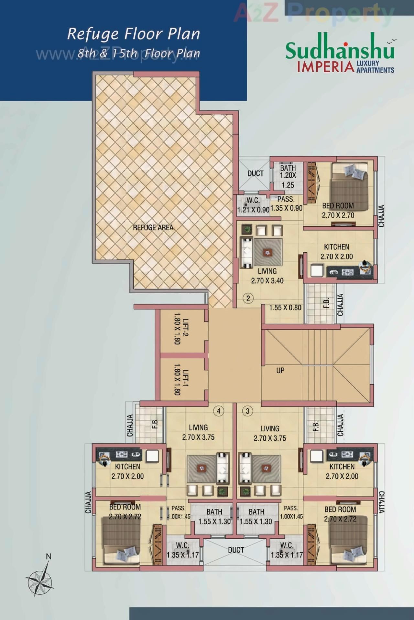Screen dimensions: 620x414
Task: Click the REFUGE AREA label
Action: [x=153, y=227]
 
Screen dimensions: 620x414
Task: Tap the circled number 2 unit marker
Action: [x=248, y=298]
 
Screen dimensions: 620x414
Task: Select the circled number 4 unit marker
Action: [x=219, y=411]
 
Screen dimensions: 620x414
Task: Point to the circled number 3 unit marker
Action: [x=247, y=411]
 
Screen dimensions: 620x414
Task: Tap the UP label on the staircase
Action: [x=280, y=370]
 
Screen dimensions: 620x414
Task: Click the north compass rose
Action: [x=40, y=582]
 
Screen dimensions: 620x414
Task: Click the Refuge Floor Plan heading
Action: [x=134, y=34]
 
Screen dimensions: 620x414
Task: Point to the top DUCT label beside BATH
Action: [x=255, y=173]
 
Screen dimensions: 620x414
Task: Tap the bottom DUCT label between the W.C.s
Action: [x=236, y=550]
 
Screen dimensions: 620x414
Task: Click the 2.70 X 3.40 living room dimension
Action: [x=267, y=281]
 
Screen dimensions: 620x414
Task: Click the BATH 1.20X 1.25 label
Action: [x=288, y=176]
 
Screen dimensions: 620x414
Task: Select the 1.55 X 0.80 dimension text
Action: [x=285, y=308]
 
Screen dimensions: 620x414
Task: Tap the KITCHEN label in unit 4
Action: [x=127, y=467]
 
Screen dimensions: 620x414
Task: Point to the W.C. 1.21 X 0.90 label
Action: [x=253, y=205]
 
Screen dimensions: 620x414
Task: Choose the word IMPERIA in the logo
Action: [x=326, y=67]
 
